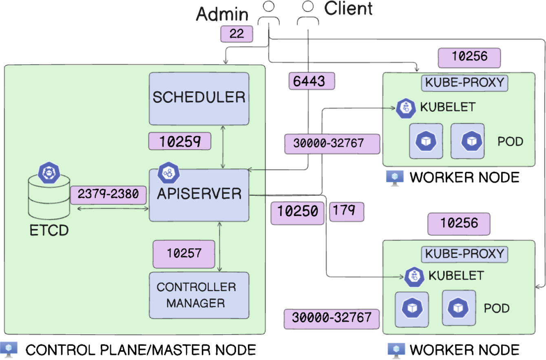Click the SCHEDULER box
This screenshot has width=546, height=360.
click(199, 98)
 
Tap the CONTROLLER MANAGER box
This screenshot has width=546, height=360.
click(199, 295)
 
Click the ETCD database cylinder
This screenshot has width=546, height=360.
click(49, 198)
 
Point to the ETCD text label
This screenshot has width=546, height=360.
click(49, 231)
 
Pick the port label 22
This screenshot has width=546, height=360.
click(237, 34)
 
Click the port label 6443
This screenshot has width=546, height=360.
click(312, 81)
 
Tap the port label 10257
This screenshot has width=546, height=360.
click(183, 254)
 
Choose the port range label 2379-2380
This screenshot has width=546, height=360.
click(108, 195)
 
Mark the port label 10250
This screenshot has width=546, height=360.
click(298, 212)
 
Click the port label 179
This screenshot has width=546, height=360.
click(346, 212)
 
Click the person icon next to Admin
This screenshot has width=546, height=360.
click(268, 14)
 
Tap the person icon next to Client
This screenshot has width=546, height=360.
click(308, 14)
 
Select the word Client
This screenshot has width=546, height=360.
click(348, 9)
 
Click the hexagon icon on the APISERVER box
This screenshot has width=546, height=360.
click(169, 173)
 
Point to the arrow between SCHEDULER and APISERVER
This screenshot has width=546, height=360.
click(223, 147)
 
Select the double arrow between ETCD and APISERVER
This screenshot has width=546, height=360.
click(113, 209)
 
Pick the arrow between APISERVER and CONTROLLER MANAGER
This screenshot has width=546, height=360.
click(220, 247)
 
